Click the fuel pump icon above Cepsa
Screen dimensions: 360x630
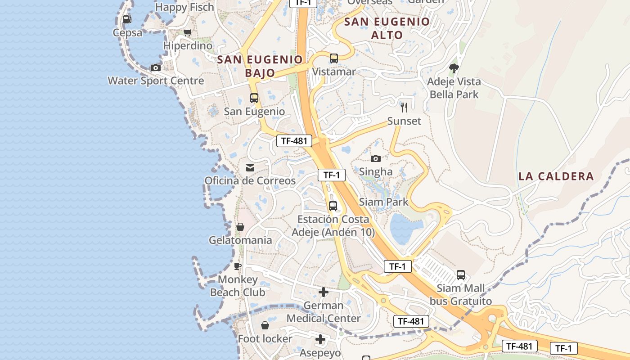pos(127,19)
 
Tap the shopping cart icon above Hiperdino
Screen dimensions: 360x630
pos(188,32)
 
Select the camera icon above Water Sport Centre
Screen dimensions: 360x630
pos(156,68)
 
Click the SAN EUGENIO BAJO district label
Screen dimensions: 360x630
pos(260,66)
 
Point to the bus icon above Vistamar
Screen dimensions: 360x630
pos(333,58)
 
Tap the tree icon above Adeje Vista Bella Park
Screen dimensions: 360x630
pos(454,68)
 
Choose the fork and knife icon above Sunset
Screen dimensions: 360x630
pos(404,107)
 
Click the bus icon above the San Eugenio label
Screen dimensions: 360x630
pos(254,98)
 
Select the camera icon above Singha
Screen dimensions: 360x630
pos(376,158)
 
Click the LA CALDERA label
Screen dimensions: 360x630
pos(556,176)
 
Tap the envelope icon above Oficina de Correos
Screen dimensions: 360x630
pos(250,168)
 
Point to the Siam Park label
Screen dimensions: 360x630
pos(384,202)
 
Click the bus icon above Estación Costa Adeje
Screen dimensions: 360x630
pos(333,206)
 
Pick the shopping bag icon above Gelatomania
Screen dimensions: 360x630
pos(240,227)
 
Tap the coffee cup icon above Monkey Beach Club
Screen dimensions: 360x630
pos(238,266)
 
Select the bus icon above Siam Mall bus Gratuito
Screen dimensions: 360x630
pos(460,275)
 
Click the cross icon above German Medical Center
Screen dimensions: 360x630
pos(324,292)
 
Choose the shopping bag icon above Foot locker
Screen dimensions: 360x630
pos(265,325)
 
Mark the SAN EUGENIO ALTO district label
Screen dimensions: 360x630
pos(387,28)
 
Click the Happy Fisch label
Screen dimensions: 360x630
pos(184,7)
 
